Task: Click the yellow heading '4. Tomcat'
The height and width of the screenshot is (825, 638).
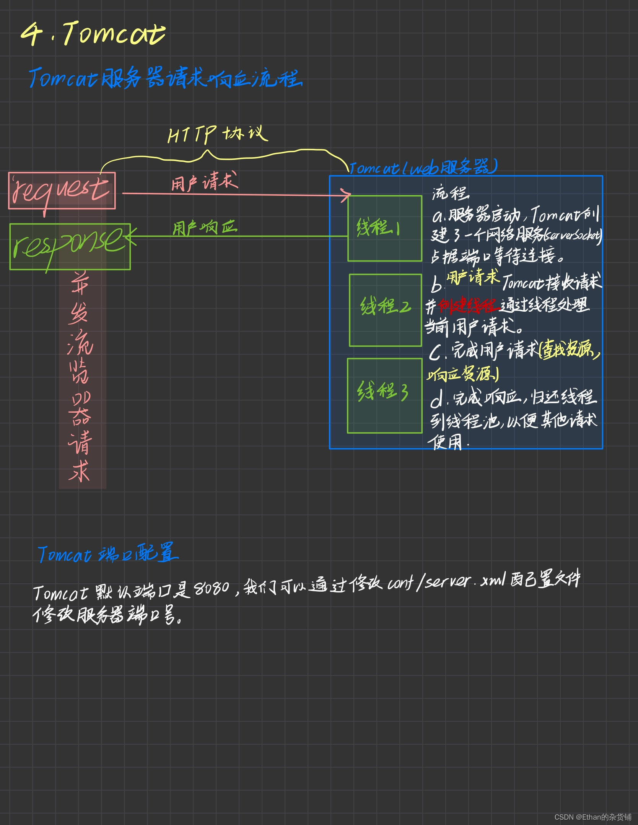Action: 93,34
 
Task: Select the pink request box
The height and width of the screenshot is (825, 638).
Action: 62,190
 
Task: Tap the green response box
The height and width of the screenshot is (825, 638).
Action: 70,246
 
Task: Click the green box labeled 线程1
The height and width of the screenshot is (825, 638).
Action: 385,228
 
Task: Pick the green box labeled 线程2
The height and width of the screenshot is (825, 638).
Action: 386,310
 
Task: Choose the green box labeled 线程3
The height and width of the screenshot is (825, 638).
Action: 384,395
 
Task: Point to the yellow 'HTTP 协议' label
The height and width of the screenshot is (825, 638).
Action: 217,134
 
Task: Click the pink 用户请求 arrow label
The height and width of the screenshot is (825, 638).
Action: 204,182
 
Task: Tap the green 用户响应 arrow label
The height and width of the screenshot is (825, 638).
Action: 205,228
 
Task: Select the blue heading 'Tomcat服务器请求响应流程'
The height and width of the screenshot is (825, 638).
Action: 165,78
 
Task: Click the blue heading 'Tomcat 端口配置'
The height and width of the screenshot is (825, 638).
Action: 108,553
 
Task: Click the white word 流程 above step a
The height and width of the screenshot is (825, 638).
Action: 450,193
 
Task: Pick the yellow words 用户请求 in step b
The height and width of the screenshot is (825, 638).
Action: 473,277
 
